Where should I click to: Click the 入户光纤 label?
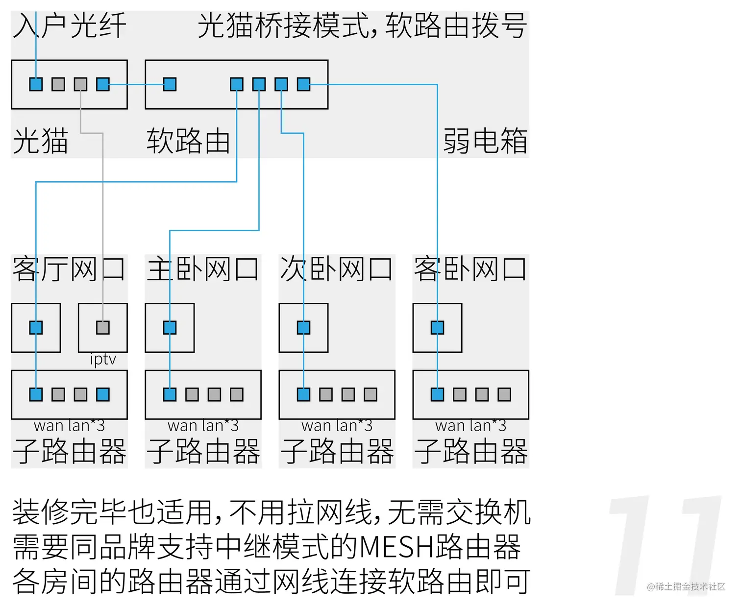(x=69, y=25)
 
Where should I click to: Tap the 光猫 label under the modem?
(x=40, y=141)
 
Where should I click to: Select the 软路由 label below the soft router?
(x=188, y=141)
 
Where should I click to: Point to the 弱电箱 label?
(x=485, y=141)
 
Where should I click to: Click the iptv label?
(x=103, y=360)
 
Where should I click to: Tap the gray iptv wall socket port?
(x=103, y=327)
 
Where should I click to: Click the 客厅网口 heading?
(x=69, y=269)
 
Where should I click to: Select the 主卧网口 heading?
(x=203, y=269)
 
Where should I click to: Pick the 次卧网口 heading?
(x=337, y=269)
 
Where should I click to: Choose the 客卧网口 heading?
(x=470, y=269)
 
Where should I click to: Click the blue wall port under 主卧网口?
(x=170, y=327)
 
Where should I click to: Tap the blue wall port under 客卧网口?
(x=437, y=327)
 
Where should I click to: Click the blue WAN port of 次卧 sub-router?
(x=303, y=394)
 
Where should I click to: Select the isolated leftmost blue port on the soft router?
(x=170, y=84)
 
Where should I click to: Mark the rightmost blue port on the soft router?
(x=303, y=84)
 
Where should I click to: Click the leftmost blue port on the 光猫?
(x=36, y=84)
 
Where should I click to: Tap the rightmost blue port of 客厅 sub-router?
(x=103, y=394)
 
